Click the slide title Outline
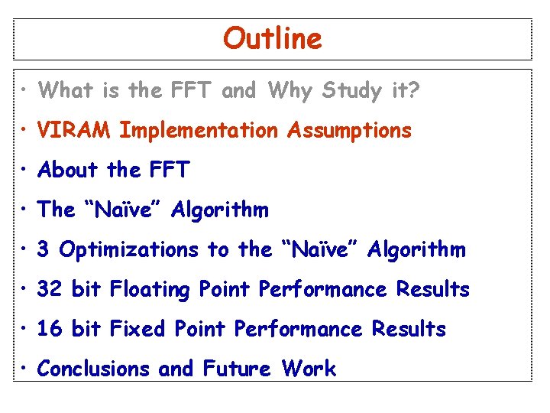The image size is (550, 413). [273, 37]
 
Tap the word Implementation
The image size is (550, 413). [199, 131]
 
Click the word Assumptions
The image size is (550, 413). [349, 131]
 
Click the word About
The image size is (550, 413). [69, 170]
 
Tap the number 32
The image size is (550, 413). [50, 290]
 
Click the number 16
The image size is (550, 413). [50, 330]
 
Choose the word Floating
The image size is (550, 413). [150, 290]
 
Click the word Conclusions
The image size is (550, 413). [94, 369]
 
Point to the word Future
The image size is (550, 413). [237, 369]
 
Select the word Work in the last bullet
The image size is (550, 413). [309, 369]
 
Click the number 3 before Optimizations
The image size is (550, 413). [44, 250]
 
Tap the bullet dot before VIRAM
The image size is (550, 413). [25, 132]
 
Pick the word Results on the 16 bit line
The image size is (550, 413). [409, 330]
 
